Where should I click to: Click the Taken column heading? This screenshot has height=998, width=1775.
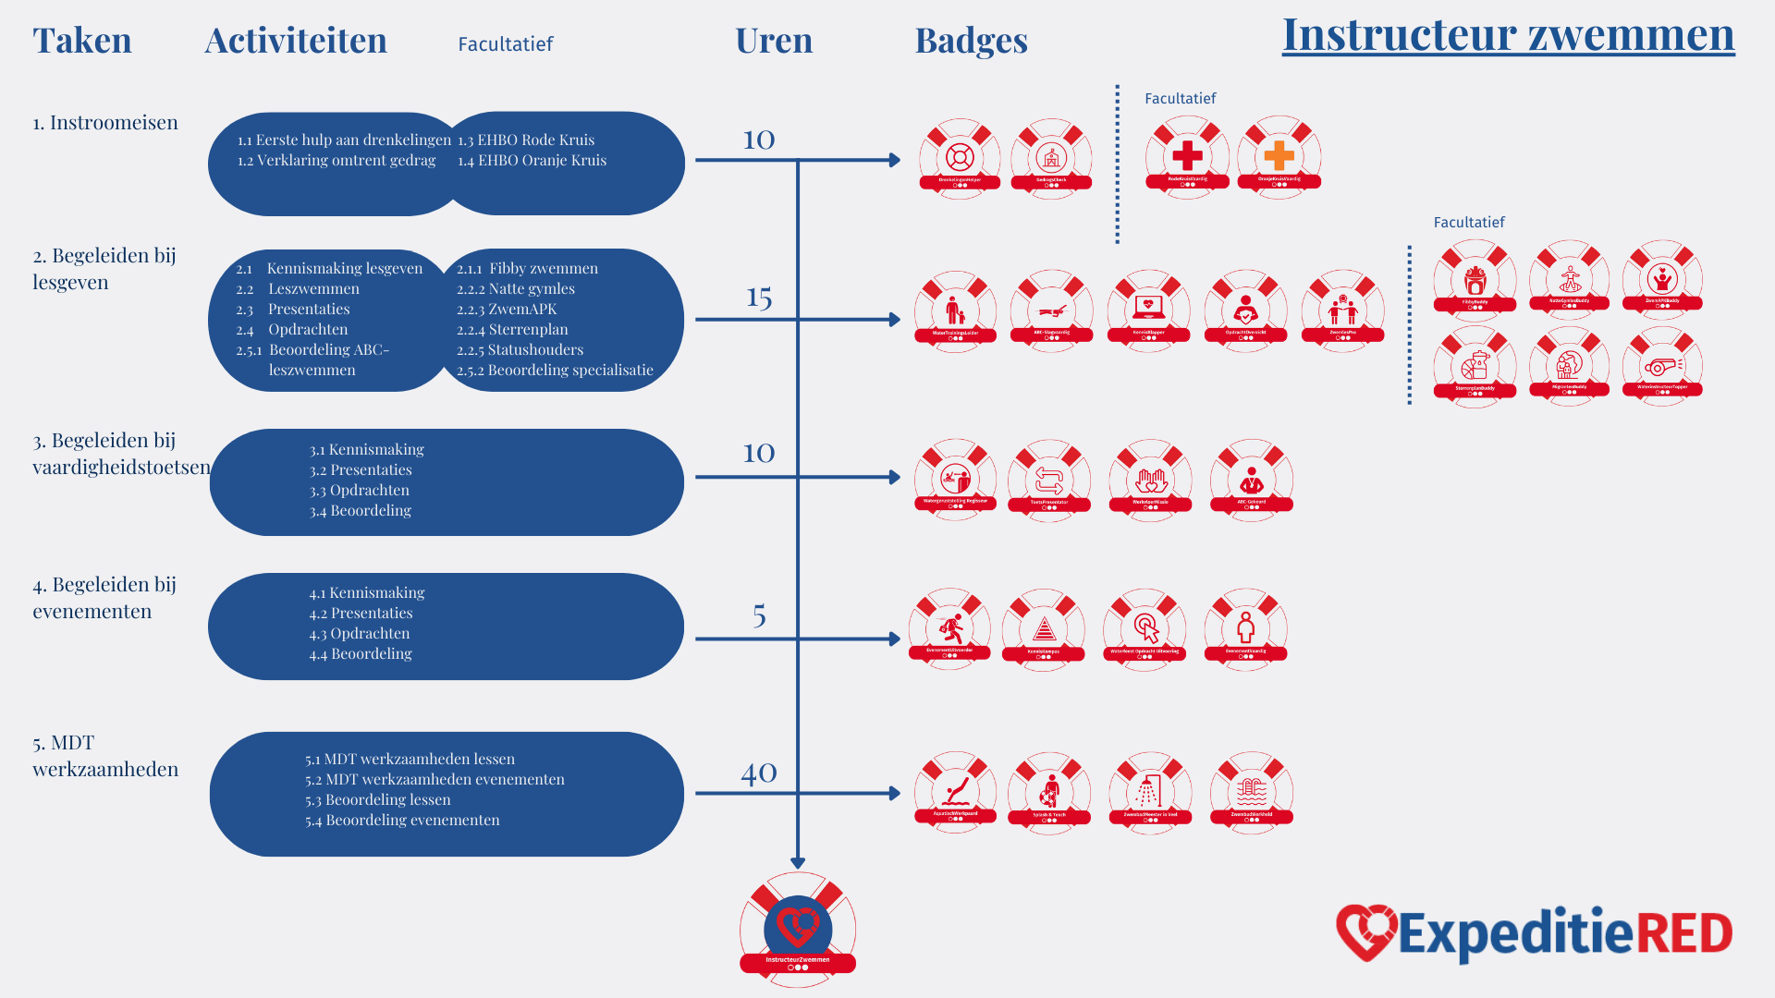[x=82, y=41]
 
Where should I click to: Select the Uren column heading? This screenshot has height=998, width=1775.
[x=774, y=41]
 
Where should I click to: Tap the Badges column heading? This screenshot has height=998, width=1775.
[x=971, y=41]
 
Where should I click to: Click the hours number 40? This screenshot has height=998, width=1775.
[x=759, y=773]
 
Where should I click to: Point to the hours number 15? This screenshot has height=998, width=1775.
[x=759, y=297]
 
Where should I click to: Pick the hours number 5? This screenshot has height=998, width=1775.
[x=759, y=615]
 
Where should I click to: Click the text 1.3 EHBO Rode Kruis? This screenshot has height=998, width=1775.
[x=526, y=140]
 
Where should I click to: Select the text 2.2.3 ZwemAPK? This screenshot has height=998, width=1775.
[x=507, y=309]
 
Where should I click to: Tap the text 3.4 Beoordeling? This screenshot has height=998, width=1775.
[x=361, y=510]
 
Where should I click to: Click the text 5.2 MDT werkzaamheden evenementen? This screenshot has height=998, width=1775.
[x=435, y=779]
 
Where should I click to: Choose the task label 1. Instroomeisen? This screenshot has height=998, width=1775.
[x=105, y=123]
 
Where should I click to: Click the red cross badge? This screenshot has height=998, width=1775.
[x=1187, y=155]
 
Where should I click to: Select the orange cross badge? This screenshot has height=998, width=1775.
[x=1279, y=155]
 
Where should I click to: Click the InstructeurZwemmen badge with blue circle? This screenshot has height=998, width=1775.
[x=798, y=928]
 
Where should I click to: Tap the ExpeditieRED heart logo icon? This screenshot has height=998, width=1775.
[x=1365, y=931]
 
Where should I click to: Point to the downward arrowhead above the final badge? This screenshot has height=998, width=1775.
[x=798, y=863]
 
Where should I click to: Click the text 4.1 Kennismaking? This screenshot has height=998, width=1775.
[x=367, y=592]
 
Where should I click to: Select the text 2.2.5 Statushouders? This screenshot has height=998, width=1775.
[x=520, y=349]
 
